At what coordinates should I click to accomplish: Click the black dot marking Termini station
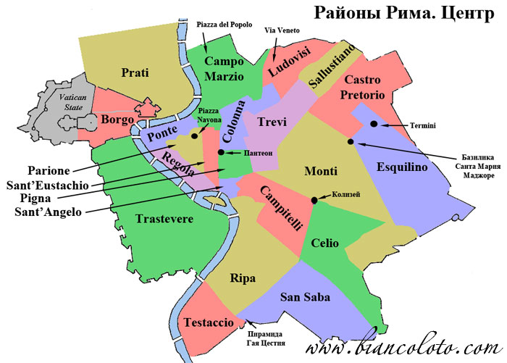tap(374, 125)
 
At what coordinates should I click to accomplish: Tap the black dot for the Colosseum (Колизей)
tap(314, 200)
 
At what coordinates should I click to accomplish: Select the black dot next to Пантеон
tap(221, 153)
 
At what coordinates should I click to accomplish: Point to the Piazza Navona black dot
tap(195, 135)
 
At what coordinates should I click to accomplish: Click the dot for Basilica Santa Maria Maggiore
tap(351, 142)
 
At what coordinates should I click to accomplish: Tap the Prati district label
tap(135, 72)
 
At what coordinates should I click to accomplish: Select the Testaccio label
tap(208, 322)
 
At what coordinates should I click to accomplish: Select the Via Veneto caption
tap(282, 30)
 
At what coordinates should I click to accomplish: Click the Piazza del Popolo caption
tap(224, 24)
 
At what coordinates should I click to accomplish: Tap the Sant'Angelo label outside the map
tap(49, 212)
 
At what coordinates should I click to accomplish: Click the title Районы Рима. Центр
tap(401, 14)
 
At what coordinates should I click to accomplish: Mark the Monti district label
tap(320, 172)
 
